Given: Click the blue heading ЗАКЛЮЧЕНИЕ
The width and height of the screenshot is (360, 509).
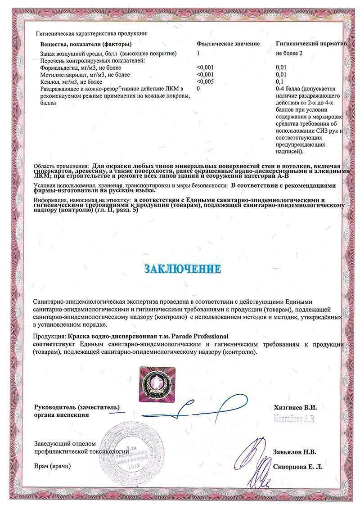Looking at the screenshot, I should (x=182, y=269).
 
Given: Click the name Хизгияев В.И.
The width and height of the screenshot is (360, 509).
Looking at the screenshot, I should (x=295, y=407).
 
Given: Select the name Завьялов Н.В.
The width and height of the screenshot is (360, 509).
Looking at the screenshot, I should (x=294, y=452).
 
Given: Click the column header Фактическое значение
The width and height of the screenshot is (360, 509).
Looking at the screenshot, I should (x=228, y=44).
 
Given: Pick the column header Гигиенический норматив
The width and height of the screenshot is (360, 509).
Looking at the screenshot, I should (x=311, y=44).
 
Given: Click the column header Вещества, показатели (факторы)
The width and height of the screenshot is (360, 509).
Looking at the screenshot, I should (x=86, y=44).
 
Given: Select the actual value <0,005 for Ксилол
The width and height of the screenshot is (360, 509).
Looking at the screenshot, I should (x=205, y=82).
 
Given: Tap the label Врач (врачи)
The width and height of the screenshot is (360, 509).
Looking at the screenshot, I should (x=52, y=466).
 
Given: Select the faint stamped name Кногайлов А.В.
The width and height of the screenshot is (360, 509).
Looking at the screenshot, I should (x=295, y=419).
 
